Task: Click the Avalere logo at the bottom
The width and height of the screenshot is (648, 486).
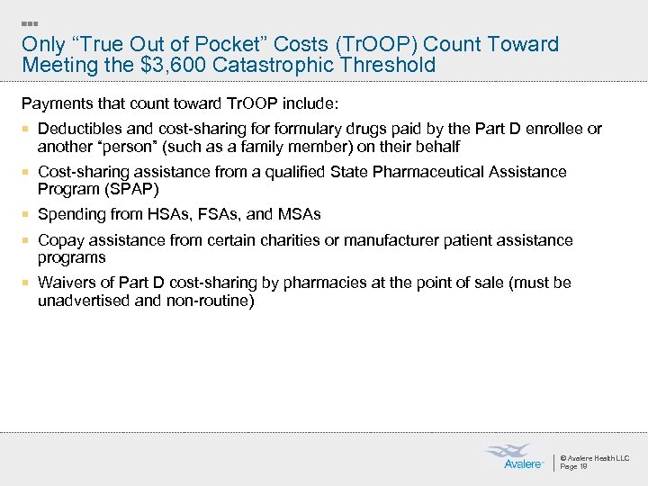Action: point(516,457)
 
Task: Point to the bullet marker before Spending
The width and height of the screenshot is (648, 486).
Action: point(27,215)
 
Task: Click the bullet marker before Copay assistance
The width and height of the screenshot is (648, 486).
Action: point(27,241)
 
